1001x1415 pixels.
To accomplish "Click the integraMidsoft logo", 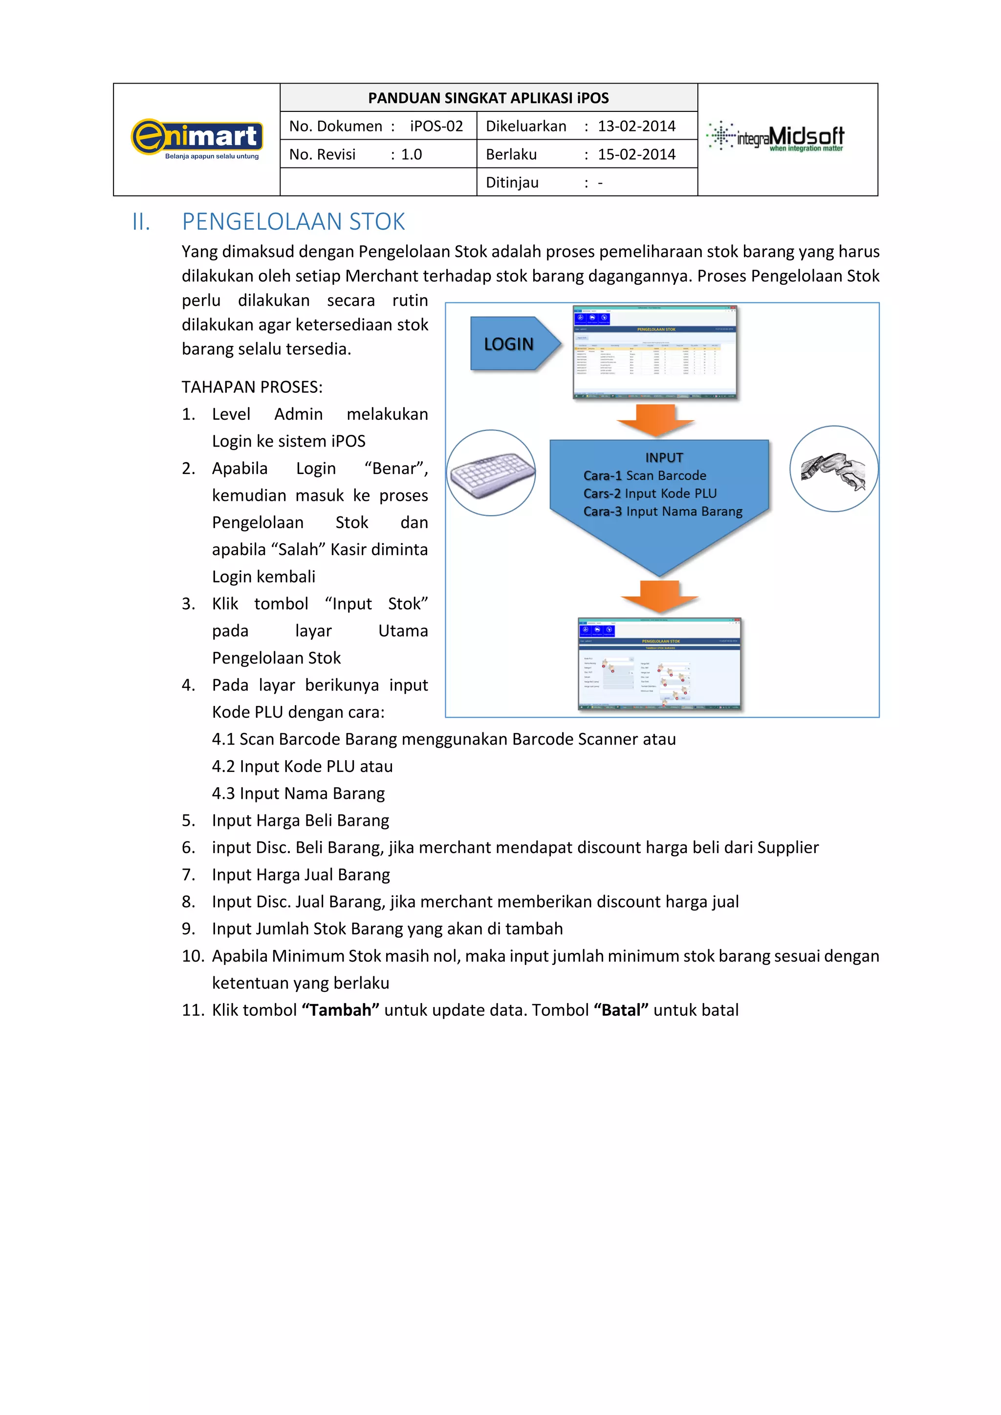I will coord(775,137).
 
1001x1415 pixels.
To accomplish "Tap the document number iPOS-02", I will coord(436,127).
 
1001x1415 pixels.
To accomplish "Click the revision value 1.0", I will coord(411,155).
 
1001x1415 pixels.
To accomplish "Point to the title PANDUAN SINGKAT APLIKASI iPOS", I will coord(488,98).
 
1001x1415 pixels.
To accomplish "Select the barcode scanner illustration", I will coord(833,470).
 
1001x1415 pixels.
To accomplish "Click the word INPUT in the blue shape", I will coord(664,458).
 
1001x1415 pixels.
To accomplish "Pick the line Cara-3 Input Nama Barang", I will coord(663,512).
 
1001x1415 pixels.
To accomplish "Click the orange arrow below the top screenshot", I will coord(656,420).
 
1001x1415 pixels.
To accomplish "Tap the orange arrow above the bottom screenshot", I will coord(659,596).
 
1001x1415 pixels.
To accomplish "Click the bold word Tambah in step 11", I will coord(340,1010).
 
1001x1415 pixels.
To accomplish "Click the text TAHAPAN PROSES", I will coord(252,387).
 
